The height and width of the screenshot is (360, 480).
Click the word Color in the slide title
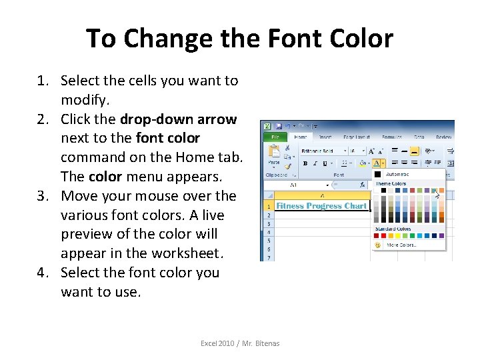359,39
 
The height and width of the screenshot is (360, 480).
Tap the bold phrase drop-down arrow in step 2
178,119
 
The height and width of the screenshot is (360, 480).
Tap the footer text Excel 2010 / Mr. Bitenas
240,343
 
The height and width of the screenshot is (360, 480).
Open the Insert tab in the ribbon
324,137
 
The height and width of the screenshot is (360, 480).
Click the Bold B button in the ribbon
305,163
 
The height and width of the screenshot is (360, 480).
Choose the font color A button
377,163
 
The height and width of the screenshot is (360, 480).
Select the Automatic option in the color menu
397,175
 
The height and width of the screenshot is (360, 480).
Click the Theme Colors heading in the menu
391,183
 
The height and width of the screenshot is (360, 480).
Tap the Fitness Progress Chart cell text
321,206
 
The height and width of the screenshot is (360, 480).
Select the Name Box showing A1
297,185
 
